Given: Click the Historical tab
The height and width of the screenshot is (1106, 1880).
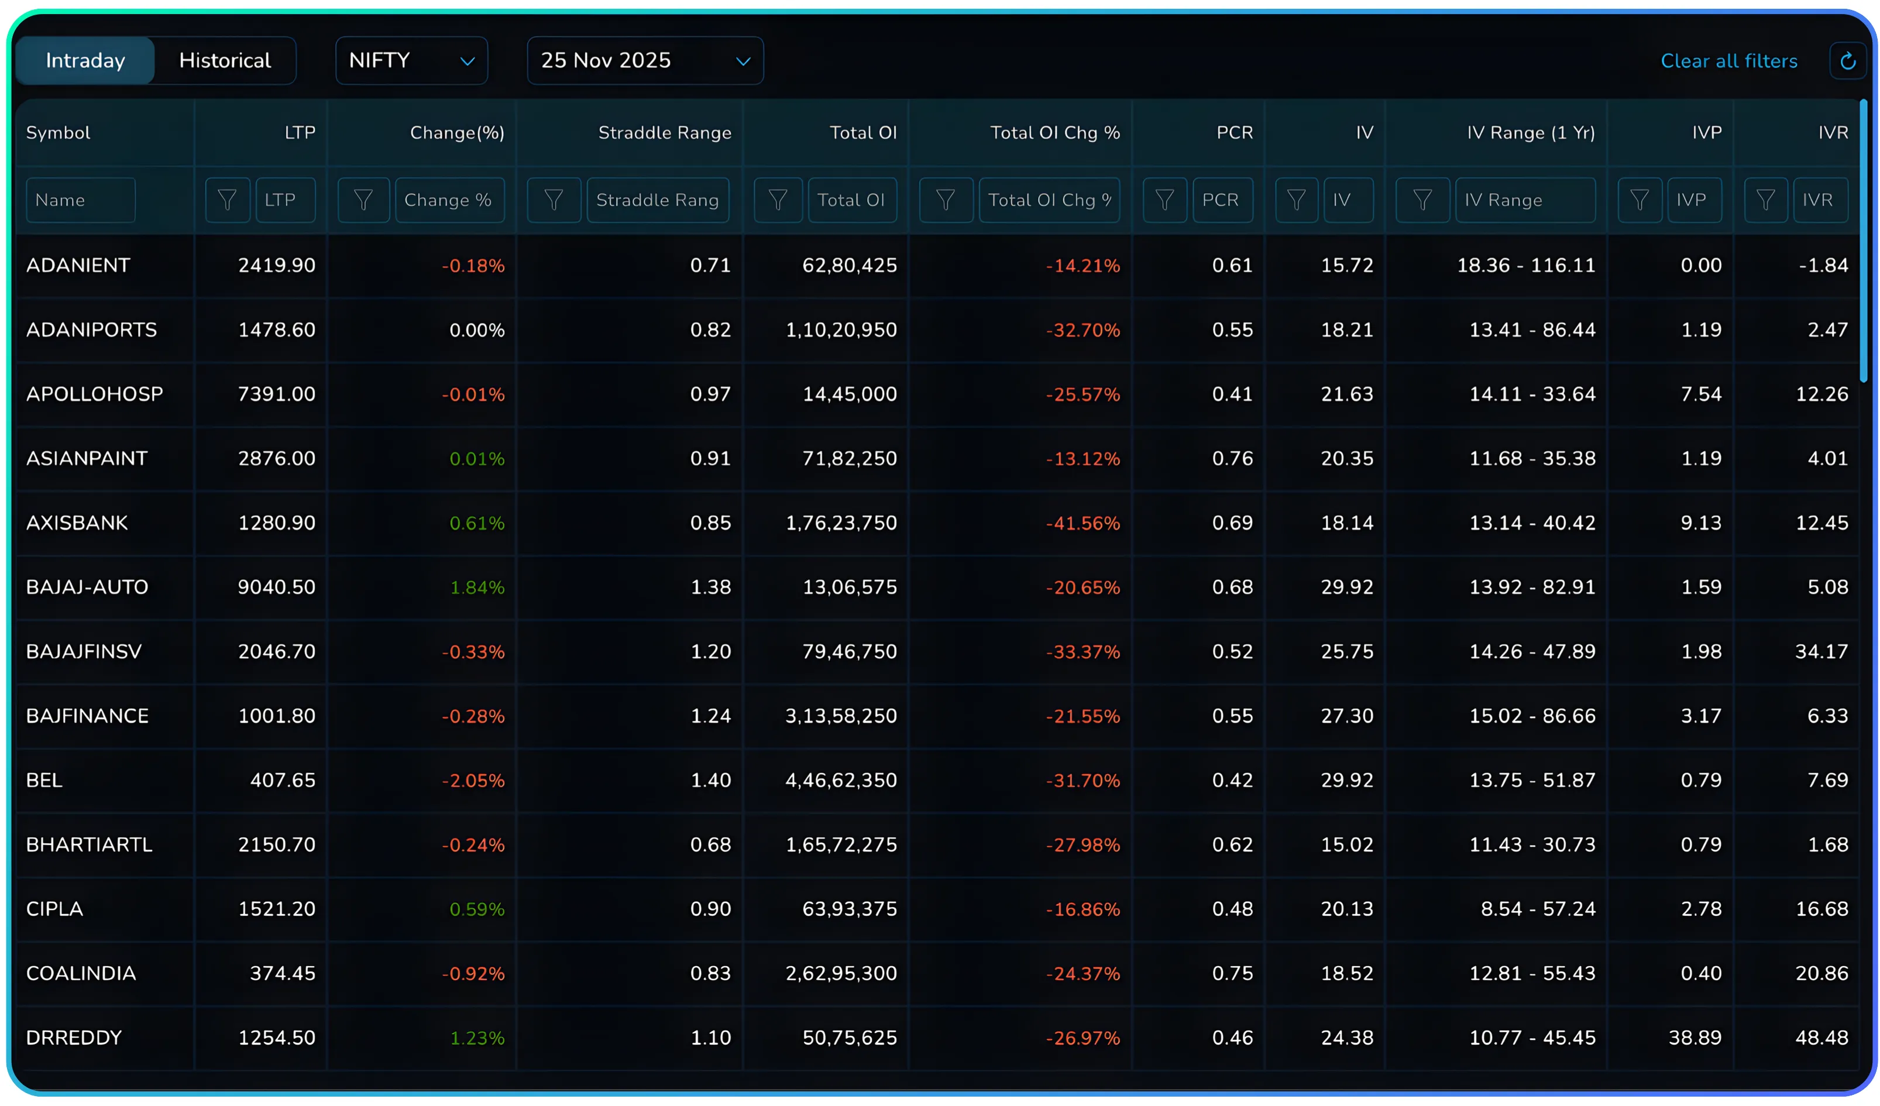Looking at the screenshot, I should click(x=225, y=60).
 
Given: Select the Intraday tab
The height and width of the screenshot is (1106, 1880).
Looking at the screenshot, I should click(x=85, y=60).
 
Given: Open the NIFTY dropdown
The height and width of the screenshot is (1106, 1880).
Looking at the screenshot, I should click(x=411, y=60).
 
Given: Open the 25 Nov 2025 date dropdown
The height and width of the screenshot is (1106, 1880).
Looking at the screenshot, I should click(x=645, y=60).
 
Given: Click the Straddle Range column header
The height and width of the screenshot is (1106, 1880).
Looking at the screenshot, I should click(x=664, y=133).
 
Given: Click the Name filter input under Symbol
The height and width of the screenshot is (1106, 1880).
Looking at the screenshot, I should click(x=81, y=200).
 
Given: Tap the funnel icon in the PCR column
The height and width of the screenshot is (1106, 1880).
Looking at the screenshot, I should click(x=1164, y=200).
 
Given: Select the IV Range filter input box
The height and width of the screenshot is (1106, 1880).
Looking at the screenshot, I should click(x=1524, y=200).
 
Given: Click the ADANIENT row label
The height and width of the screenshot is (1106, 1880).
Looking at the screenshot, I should click(x=78, y=266).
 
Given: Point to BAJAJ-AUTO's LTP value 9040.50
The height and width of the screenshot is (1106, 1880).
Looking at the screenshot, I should click(x=276, y=588).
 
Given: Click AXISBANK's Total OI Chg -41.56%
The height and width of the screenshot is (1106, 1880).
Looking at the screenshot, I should click(x=1082, y=523).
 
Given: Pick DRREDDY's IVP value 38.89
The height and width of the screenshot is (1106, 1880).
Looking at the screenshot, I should click(x=1695, y=1038).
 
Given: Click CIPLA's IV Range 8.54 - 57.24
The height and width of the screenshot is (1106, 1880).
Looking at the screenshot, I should click(x=1538, y=909).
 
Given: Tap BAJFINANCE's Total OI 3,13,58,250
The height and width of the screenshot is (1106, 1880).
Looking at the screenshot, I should click(x=841, y=716).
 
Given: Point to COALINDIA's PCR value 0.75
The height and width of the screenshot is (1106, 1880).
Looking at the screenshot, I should click(x=1232, y=973).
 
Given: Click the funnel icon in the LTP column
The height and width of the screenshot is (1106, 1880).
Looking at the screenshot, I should click(x=228, y=200).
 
